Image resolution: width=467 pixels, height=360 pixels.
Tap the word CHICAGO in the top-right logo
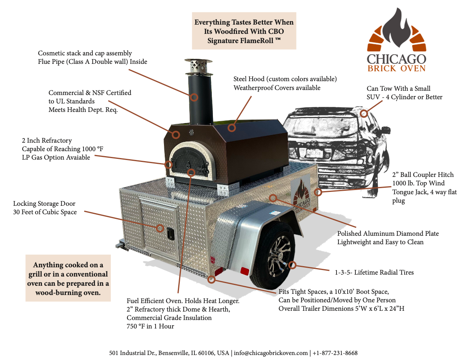tap(396, 59)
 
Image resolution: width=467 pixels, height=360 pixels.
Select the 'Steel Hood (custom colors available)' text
tap(285, 79)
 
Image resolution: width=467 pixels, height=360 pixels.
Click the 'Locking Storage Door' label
tap(44, 203)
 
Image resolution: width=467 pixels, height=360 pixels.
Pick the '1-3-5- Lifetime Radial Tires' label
tap(374, 272)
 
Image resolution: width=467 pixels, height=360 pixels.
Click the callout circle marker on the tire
tap(293, 265)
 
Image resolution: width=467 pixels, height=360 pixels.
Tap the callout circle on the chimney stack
tap(194, 97)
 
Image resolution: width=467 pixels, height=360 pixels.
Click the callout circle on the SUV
tap(364, 113)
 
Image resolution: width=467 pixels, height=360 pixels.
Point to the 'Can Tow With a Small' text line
tap(398, 88)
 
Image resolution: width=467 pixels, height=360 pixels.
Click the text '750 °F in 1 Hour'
tap(151, 326)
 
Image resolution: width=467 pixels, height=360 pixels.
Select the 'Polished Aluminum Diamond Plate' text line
tap(388, 233)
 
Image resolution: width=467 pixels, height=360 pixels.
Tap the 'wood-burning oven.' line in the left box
tap(68, 292)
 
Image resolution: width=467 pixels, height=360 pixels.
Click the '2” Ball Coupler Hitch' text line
tap(423, 175)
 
